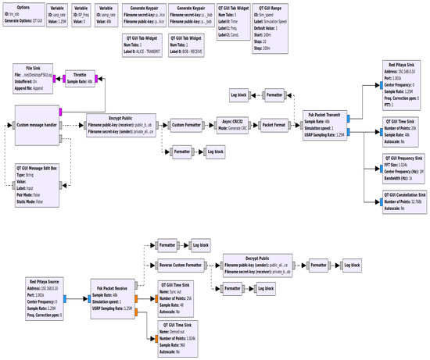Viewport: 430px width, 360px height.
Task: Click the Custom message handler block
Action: pyautogui.click(x=38, y=124)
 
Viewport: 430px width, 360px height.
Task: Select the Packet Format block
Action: pyautogui.click(x=274, y=124)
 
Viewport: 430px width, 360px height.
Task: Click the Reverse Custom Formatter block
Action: pyautogui.click(x=181, y=266)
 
